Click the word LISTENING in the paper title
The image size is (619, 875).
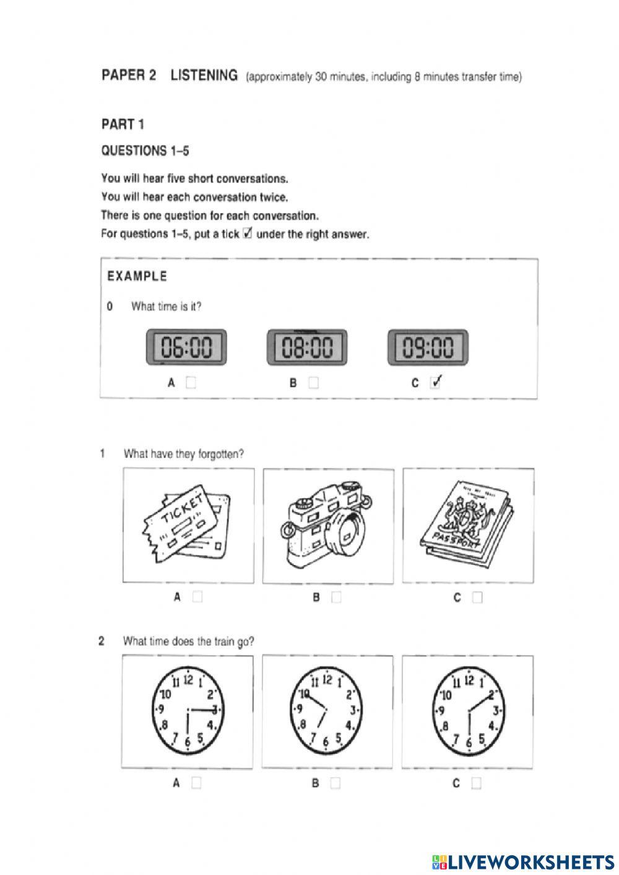pos(204,76)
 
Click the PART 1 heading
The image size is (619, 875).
pos(123,124)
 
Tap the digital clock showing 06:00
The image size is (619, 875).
pos(186,347)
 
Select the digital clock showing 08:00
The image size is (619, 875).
pos(307,347)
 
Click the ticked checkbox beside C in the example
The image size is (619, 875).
pos(436,382)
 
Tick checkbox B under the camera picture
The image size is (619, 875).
pos(336,598)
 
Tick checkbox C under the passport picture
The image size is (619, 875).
pos(477,598)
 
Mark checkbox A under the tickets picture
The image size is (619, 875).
pos(197,598)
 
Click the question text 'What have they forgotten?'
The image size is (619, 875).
pos(184,454)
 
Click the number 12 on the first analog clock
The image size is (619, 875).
pos(188,679)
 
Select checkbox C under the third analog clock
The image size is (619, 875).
pos(476,783)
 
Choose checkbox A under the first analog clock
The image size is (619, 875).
pos(196,783)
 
